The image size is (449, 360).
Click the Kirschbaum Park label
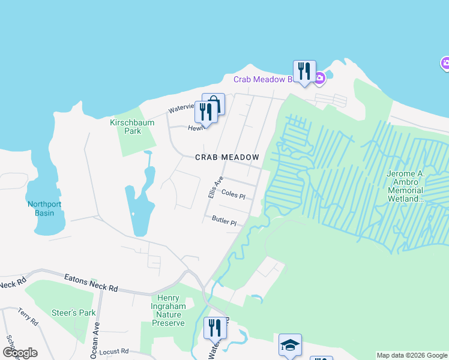pyautogui.click(x=132, y=127)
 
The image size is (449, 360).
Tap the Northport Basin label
pyautogui.click(x=44, y=208)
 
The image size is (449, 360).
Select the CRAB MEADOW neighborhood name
pyautogui.click(x=227, y=157)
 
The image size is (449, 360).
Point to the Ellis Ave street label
pyautogui.click(x=215, y=187)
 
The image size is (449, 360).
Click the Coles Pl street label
pyautogui.click(x=234, y=195)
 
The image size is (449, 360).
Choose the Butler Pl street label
pyautogui.click(x=224, y=221)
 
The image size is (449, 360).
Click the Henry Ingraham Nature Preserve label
pyautogui.click(x=168, y=310)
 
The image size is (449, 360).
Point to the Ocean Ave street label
pyautogui.click(x=95, y=341)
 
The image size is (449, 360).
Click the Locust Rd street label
pyautogui.click(x=116, y=351)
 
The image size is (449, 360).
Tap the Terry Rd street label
pyautogui.click(x=28, y=316)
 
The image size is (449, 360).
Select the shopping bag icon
pyautogui.click(x=213, y=103)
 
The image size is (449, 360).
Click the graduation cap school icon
pyautogui.click(x=290, y=344)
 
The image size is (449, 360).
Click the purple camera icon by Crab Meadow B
pyautogui.click(x=320, y=77)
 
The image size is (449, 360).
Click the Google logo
pyautogui.click(x=20, y=353)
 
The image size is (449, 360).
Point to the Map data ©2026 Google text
pyautogui.click(x=412, y=355)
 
